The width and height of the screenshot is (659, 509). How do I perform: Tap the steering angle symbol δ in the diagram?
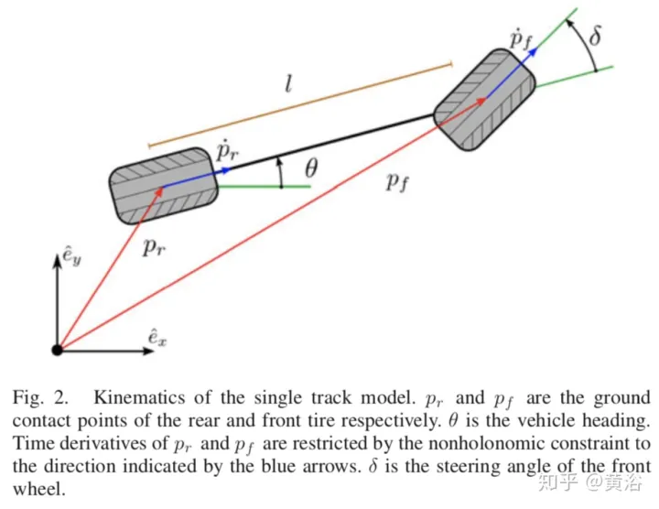pyautogui.click(x=596, y=39)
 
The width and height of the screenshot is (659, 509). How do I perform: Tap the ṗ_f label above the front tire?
pyautogui.click(x=521, y=40)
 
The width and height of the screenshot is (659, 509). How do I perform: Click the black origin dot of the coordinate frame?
pyautogui.click(x=57, y=349)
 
